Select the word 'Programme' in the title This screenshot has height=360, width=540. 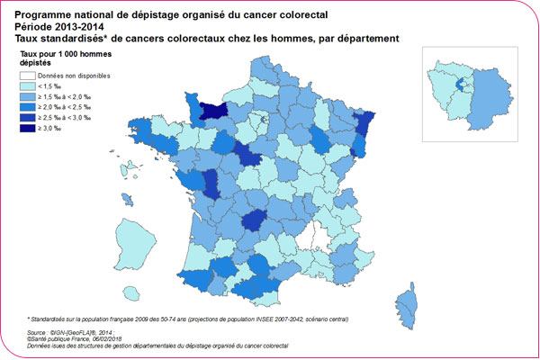[48, 14]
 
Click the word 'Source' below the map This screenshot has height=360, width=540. [39, 332]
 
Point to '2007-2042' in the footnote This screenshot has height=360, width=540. [256, 319]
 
